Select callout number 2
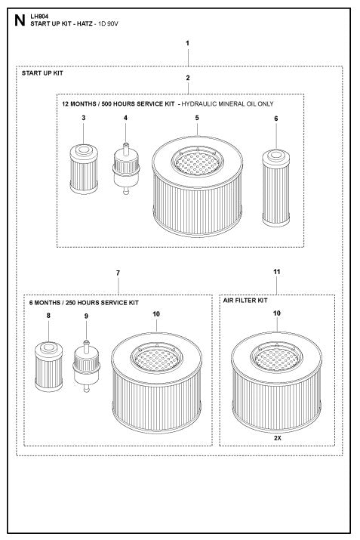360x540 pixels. pos(187,78)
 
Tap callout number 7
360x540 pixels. pos(118,271)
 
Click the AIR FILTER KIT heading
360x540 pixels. pos(246,300)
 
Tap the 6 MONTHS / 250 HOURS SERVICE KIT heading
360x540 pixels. pos(84,302)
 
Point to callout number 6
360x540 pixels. pos(276,119)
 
